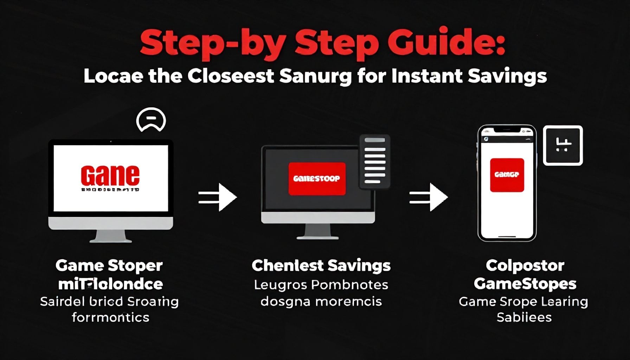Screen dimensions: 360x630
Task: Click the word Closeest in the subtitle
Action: point(231,76)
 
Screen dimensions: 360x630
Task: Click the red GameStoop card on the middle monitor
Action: point(317,179)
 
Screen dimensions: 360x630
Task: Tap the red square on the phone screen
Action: point(507,175)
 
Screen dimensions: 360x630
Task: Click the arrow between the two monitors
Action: point(218,197)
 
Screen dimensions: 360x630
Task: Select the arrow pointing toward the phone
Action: point(429,197)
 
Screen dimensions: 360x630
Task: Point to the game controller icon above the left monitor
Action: point(151,120)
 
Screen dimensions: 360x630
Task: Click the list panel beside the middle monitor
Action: point(375,161)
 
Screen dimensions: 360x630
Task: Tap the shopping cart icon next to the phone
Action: point(563,145)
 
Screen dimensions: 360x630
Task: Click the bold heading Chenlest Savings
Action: point(321,265)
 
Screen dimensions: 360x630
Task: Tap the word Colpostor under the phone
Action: point(525,265)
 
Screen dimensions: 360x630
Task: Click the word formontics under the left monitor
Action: point(110,317)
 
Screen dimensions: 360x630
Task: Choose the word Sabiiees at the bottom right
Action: point(524,317)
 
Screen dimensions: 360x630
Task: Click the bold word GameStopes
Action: point(525,284)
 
